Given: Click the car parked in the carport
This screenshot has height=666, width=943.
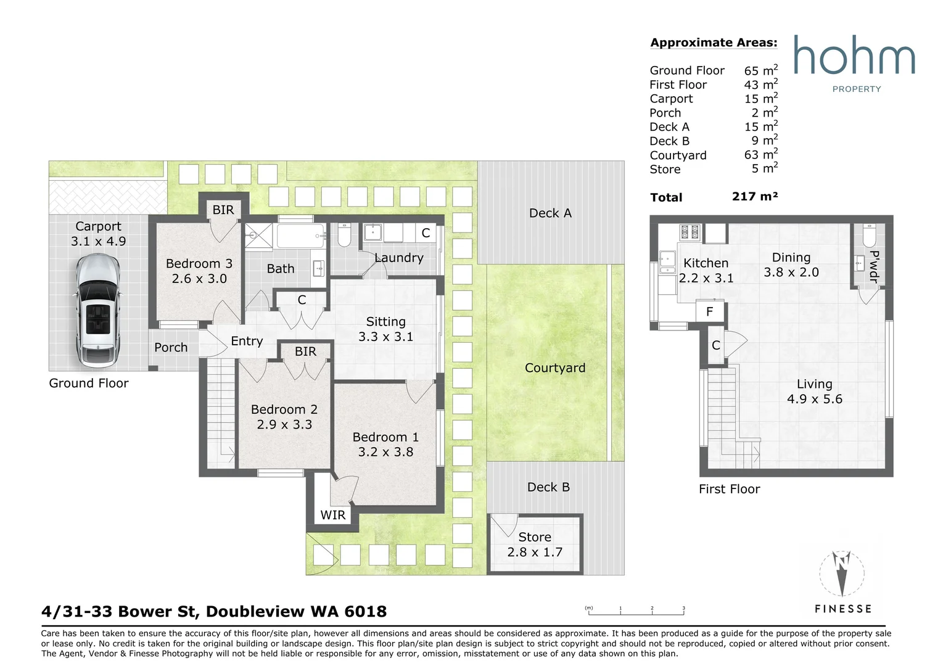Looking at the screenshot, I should click(98, 311).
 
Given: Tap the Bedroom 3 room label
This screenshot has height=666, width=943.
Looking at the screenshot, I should click(199, 264).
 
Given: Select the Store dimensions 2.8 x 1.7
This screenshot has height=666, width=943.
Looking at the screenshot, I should click(535, 553).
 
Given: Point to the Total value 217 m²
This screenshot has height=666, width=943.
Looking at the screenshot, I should click(755, 197).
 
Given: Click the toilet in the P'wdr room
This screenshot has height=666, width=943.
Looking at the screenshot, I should click(870, 235).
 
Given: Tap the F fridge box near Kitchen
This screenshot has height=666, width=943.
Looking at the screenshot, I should click(709, 311).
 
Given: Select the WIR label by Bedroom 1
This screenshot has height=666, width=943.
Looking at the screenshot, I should click(333, 516).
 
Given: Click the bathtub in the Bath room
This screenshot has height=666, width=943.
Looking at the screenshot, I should click(300, 236).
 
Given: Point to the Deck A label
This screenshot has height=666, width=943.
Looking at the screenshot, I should click(550, 213).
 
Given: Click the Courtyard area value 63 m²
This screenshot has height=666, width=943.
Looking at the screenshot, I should click(760, 155).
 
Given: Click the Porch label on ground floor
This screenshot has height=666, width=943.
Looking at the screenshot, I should click(171, 348).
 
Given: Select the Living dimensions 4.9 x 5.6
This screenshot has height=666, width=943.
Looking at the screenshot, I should click(814, 399).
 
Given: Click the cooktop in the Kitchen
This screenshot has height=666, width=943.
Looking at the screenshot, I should click(690, 232).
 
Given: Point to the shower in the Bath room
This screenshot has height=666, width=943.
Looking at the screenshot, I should click(258, 237).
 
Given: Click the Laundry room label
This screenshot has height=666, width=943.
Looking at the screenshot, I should click(399, 258).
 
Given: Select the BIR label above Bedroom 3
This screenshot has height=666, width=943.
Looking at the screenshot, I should click(223, 210).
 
